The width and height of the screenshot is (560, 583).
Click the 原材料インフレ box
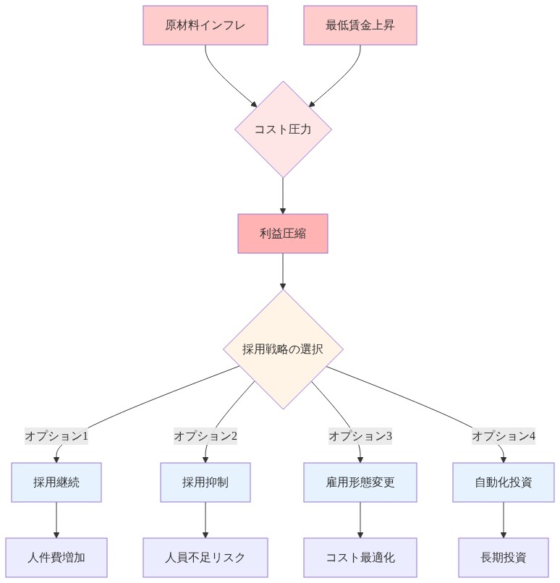click(205, 25)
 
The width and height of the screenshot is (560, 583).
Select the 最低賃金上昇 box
click(360, 25)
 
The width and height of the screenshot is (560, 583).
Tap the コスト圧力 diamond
click(283, 129)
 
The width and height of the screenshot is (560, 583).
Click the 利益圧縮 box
click(283, 234)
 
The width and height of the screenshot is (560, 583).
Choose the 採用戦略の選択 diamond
click(283, 349)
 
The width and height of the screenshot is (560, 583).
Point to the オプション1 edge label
click(56, 436)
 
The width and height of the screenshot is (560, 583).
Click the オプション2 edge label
click(205, 436)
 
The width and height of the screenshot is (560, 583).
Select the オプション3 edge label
click(360, 436)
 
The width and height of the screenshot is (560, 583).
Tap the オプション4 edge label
click(504, 436)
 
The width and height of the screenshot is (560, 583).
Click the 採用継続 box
click(56, 482)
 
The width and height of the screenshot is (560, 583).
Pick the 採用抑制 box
click(205, 482)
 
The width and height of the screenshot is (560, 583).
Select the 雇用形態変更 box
click(360, 482)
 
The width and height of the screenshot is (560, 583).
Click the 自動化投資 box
click(504, 482)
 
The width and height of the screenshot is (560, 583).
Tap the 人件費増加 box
click(56, 558)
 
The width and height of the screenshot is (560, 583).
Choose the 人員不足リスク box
click(205, 558)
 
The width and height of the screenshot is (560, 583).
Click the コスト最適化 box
click(360, 558)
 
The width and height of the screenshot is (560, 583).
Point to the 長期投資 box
click(504, 558)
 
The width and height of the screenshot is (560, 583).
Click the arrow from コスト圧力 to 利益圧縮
click(283, 195)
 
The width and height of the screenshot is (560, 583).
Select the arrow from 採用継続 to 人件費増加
click(56, 520)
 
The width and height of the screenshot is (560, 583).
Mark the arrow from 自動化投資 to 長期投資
click(504, 520)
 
